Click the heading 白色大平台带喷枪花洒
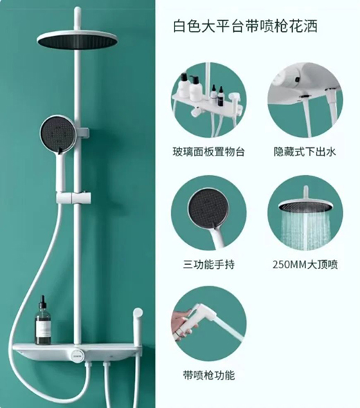245,26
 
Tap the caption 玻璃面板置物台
208,151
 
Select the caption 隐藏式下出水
305,151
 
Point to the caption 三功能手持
208,265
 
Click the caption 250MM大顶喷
305,265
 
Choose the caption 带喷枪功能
208,375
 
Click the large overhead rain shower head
77,41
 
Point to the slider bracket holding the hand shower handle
73,198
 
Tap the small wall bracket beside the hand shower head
83,133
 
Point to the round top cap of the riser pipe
78,10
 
